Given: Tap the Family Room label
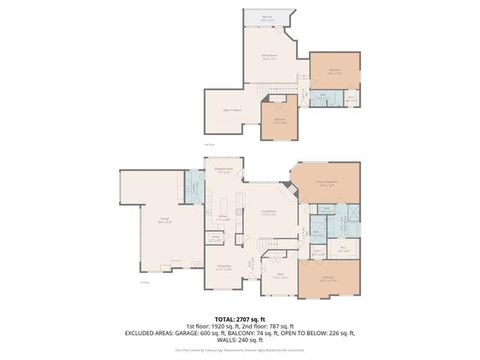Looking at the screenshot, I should tap(270, 57).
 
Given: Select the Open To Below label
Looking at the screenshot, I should tap(231, 110).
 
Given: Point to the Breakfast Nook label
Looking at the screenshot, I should tap(223, 171).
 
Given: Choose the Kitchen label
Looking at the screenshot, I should tap(223, 217).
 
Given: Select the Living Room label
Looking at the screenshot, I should tap(268, 212).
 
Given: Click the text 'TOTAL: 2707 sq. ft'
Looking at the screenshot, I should tap(239, 318).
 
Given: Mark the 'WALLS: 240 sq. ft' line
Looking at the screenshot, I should tap(239, 337).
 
